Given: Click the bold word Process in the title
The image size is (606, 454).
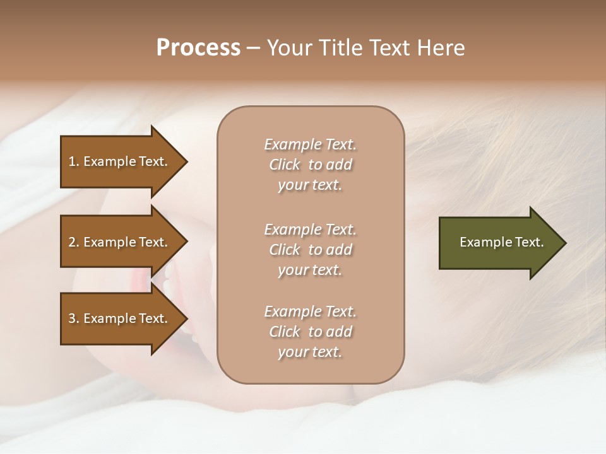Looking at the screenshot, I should tap(198, 48).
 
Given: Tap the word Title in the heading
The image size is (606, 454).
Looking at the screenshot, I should tap(341, 48).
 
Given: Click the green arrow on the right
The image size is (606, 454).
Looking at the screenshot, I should tap(499, 242).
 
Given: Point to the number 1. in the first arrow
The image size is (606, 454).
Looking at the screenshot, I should tap(74, 161).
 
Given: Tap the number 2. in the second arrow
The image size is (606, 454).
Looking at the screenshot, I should tap(74, 242).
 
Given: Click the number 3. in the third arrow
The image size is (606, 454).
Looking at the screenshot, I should tap(74, 318).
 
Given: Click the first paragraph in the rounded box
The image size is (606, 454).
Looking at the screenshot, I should tap(310, 165).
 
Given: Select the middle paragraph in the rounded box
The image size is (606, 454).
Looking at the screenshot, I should tap(310, 250).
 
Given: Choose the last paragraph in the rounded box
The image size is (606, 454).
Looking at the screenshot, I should tap(310, 332).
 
